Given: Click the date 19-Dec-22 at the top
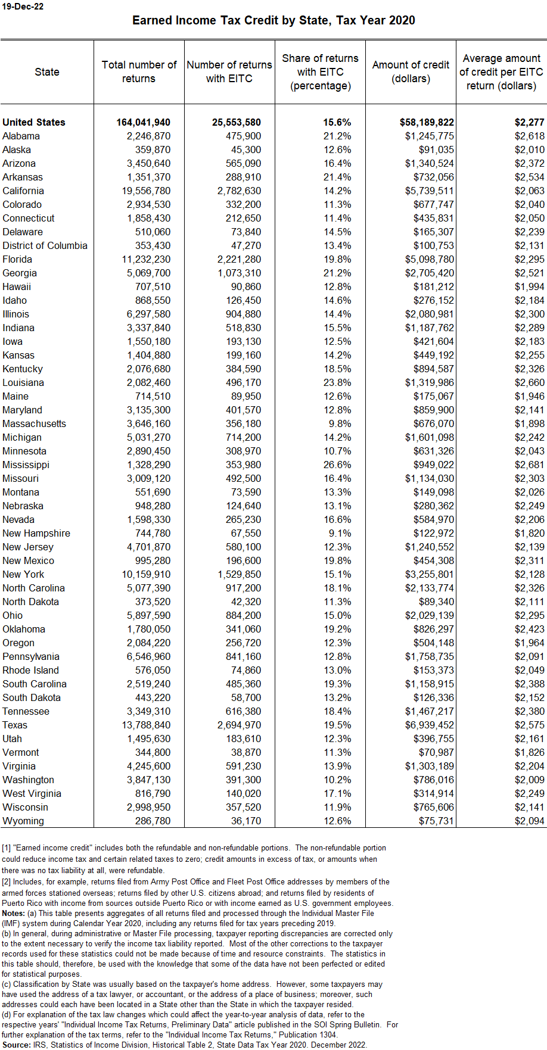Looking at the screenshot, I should click(x=23, y=7).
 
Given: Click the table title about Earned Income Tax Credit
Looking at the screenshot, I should click(x=273, y=20).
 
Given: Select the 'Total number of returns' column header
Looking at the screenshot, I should click(x=139, y=71).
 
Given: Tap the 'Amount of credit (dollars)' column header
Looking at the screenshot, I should click(x=411, y=71).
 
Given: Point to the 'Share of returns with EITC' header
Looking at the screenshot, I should click(x=320, y=72).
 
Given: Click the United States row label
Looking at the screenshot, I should click(x=34, y=122).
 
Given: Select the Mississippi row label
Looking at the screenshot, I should click(x=26, y=465).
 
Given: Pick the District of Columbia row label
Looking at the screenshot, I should click(x=45, y=245).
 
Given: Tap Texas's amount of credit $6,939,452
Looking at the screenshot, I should click(x=429, y=725).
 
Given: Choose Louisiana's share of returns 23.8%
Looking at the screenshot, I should click(x=337, y=382).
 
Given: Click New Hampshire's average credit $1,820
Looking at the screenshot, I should click(x=529, y=533).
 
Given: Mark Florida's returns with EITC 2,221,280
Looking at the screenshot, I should click(x=236, y=259).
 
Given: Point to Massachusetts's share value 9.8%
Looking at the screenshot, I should click(x=340, y=423).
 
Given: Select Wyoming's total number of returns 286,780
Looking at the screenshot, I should click(x=153, y=821).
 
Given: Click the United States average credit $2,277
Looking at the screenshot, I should click(x=529, y=122).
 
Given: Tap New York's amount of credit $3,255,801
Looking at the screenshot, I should click(x=429, y=574).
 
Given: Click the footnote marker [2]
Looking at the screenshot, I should click(x=6, y=881).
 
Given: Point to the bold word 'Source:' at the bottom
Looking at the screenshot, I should click(x=16, y=1045).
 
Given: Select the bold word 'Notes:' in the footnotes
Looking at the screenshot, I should click(x=13, y=913).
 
